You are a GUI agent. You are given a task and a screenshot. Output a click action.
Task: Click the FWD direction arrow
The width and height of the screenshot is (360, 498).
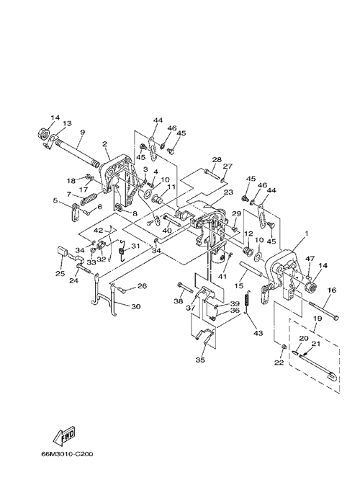point(64,435)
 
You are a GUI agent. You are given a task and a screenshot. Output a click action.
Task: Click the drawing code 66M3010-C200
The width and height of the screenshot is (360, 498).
point(67,454)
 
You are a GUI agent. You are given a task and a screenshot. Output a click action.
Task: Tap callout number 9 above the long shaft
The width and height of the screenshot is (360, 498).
point(83,132)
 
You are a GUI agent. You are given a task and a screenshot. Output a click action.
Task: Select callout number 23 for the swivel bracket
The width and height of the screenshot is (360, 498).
point(228,192)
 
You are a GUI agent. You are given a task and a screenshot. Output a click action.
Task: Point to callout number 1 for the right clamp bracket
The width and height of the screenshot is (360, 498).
point(306,234)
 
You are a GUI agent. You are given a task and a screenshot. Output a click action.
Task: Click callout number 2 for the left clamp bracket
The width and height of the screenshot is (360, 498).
point(104,144)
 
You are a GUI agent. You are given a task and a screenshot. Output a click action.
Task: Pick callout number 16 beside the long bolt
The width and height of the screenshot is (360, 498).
point(332,290)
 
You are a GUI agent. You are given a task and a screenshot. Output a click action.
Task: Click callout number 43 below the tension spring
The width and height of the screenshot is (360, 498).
point(258,333)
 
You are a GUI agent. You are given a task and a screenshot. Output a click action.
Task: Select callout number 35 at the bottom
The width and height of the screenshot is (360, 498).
point(200,360)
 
